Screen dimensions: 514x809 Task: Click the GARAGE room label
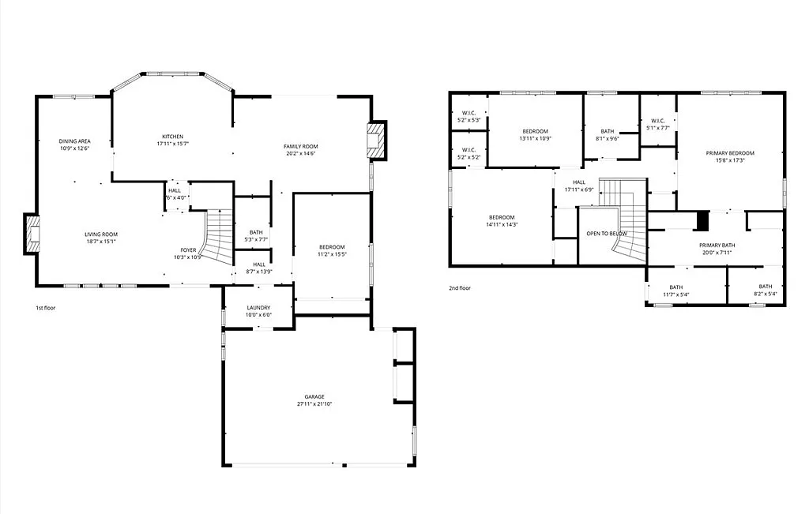[x=314, y=397]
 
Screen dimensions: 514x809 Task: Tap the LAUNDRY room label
[x=258, y=308]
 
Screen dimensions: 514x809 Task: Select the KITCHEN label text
[x=173, y=137]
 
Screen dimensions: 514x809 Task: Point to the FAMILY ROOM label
[x=300, y=146]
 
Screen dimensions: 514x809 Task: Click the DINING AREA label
[x=74, y=141]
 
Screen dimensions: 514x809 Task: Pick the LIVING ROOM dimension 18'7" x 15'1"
[x=101, y=242]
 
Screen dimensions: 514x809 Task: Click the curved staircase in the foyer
[x=220, y=237]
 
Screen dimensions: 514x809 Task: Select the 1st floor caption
[x=45, y=307]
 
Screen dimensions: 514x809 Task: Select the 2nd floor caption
[x=460, y=288]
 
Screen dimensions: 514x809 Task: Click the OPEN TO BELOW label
[x=606, y=234]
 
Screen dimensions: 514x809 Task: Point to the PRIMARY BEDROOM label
[x=729, y=153]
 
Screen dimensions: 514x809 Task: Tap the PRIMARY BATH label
[x=717, y=246]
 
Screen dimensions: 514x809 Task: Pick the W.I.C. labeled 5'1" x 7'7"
[x=657, y=124]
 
